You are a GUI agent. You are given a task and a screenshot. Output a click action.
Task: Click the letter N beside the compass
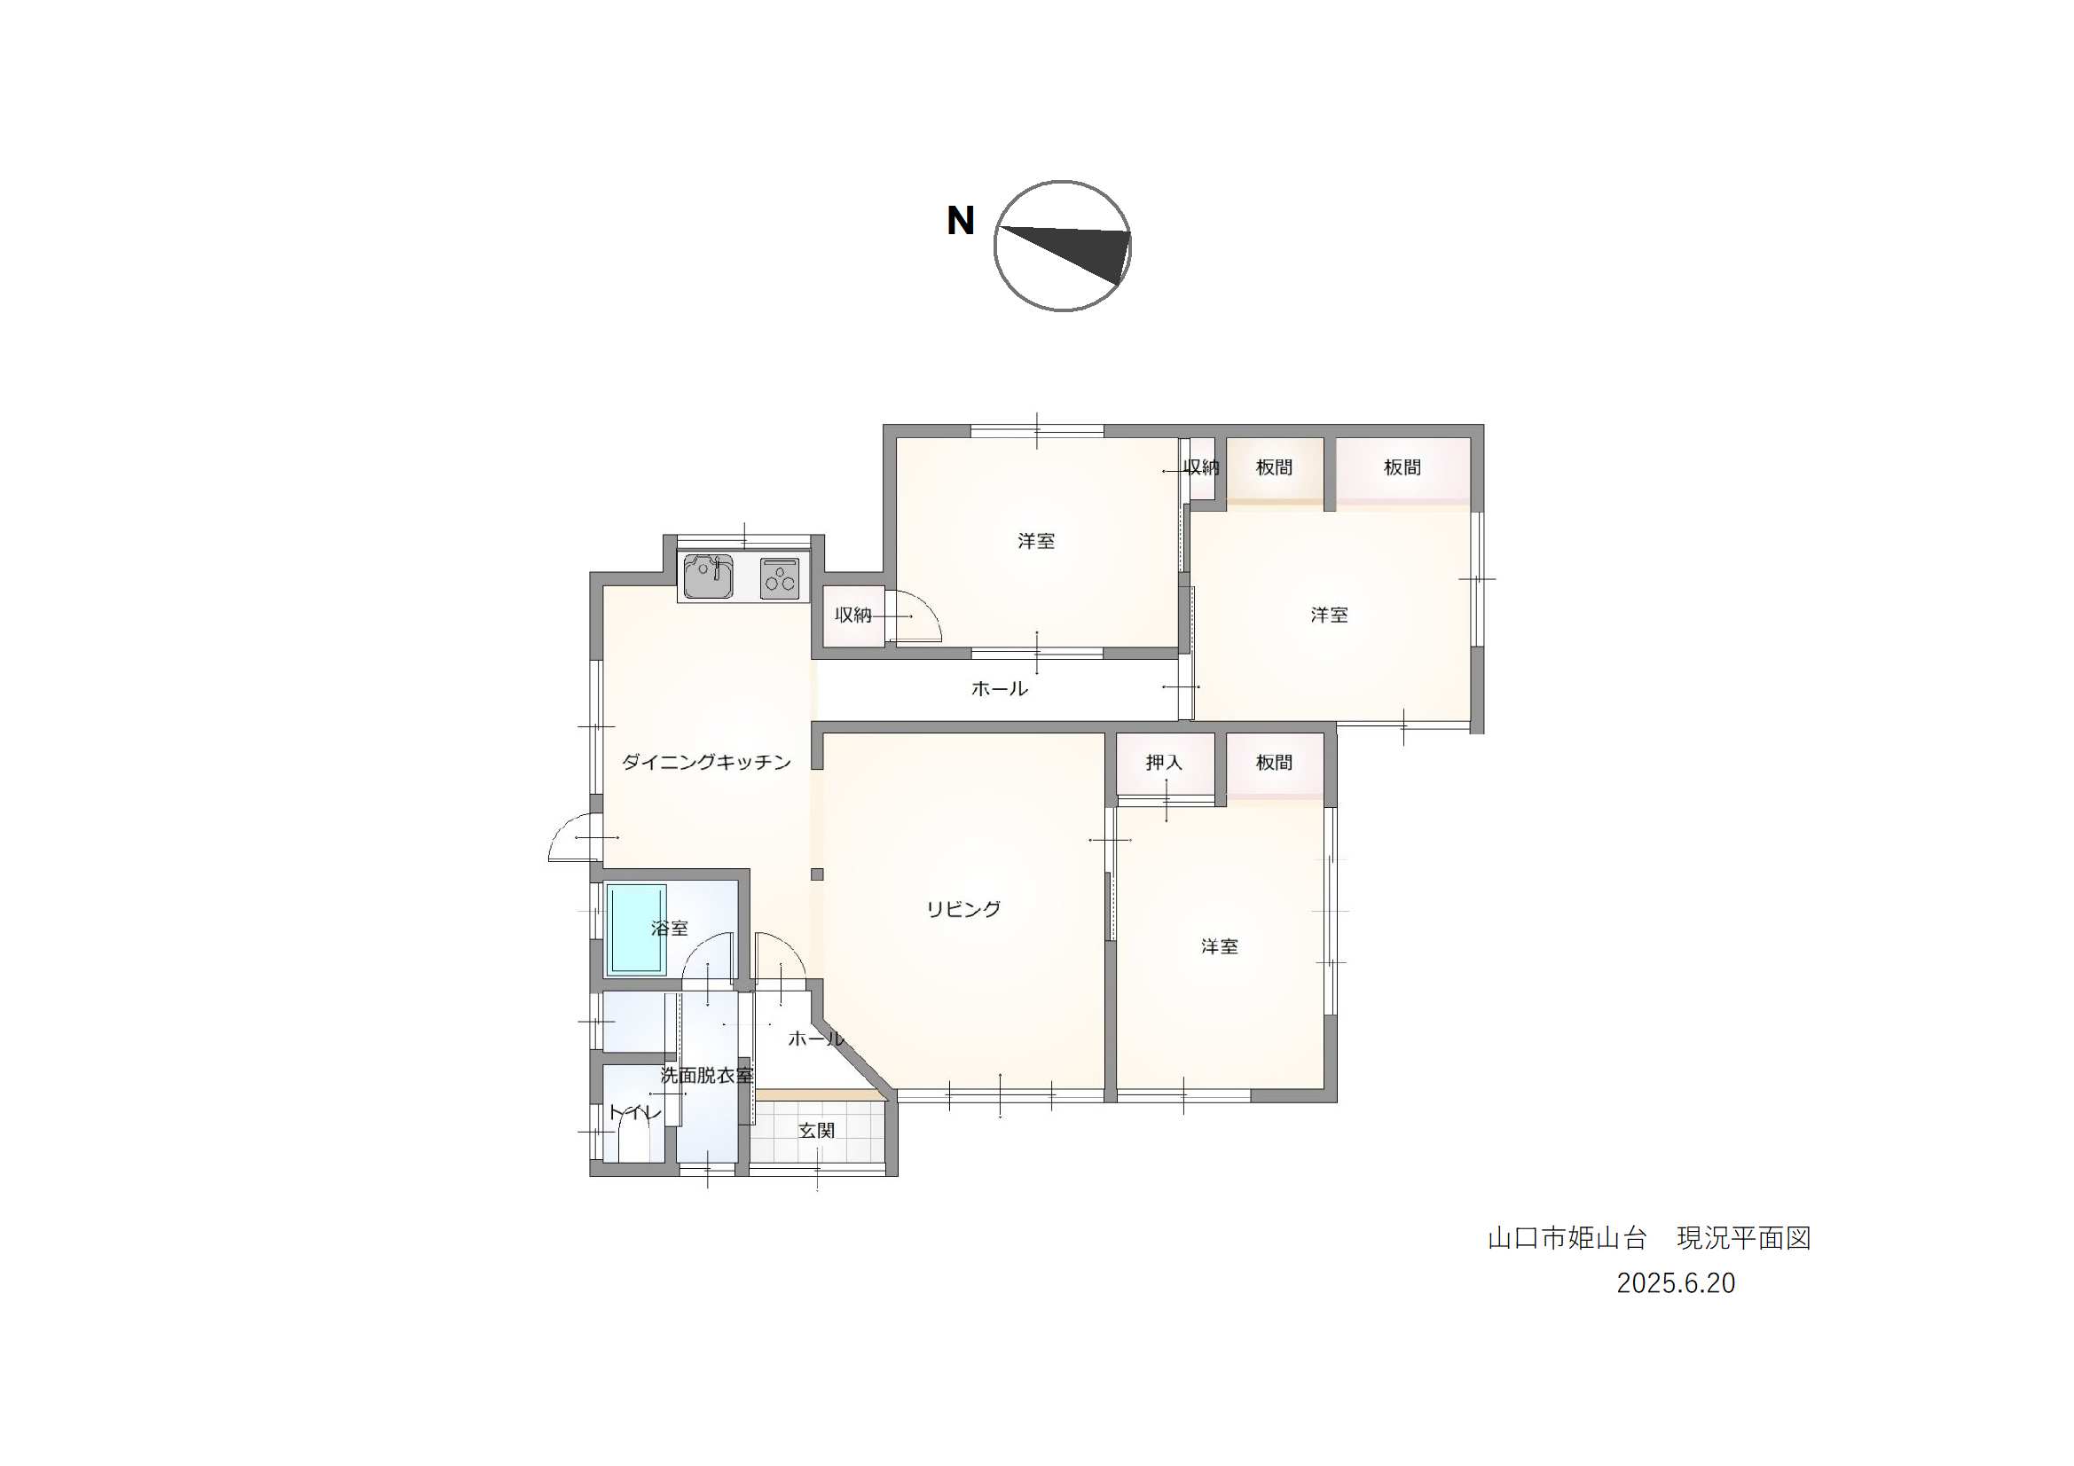click(x=960, y=222)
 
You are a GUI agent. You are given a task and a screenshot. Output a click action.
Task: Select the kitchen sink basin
click(x=708, y=576)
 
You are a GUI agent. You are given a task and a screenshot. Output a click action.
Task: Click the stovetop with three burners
click(x=780, y=578)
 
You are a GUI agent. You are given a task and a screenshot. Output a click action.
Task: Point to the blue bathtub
click(x=636, y=930)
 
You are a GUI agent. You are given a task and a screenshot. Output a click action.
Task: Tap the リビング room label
click(x=964, y=910)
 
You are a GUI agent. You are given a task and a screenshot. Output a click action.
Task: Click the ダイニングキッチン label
click(x=706, y=763)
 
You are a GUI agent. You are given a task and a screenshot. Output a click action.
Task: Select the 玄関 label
click(x=817, y=1131)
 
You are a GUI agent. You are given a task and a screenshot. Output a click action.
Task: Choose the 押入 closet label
click(x=1165, y=763)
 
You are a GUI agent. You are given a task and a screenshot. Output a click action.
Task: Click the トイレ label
click(x=635, y=1113)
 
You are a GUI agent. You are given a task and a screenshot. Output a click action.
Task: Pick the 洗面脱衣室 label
click(x=706, y=1076)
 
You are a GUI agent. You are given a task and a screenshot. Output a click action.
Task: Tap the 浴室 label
click(x=670, y=929)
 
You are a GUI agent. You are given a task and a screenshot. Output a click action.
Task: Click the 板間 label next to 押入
click(x=1275, y=763)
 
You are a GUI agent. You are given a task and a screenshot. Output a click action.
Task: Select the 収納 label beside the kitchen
click(x=852, y=615)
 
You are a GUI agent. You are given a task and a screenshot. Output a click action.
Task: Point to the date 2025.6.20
click(x=1676, y=1283)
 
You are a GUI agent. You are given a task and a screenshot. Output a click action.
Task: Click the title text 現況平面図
click(x=1744, y=1237)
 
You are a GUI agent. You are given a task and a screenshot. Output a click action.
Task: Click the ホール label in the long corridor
click(x=999, y=689)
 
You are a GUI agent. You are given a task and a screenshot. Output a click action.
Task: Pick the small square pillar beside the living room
click(x=817, y=874)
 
